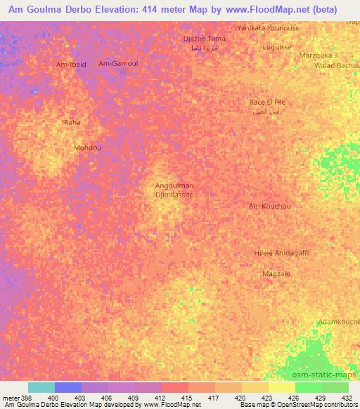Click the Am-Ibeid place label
click(x=71, y=64)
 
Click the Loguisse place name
click(x=276, y=48)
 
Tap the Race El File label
click(x=267, y=102)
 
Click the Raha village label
click(x=72, y=122)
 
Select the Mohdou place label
click(x=88, y=148)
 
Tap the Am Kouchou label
click(x=270, y=206)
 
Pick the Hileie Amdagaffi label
click(x=281, y=252)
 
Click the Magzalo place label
click(x=276, y=273)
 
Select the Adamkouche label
click(x=338, y=321)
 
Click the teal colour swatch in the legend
click(x=41, y=387)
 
